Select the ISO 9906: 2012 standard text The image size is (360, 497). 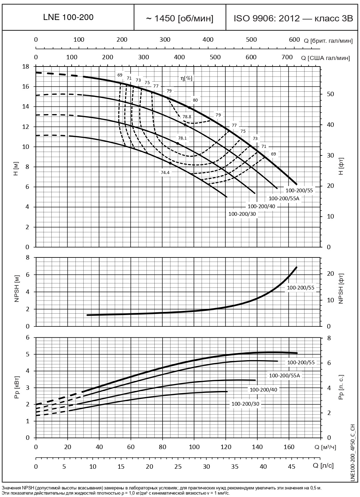pos(294,18)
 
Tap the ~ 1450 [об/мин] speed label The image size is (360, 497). pos(179,18)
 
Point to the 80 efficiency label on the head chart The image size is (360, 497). pos(195,100)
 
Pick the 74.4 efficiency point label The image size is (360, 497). pos(165,173)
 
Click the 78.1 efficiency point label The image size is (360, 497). pos(182,138)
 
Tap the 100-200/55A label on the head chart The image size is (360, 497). pos(284,198)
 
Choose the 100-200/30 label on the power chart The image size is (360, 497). pos(245,404)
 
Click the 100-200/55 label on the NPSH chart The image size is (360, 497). pos(301,287)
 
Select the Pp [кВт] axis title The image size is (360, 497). pos(16,387)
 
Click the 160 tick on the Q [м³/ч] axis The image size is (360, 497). pos(289,447)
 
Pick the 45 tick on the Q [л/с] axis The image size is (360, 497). pos(291,466)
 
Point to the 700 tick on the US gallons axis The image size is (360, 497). pos(287,57)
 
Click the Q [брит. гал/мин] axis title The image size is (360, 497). pos(328,41)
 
